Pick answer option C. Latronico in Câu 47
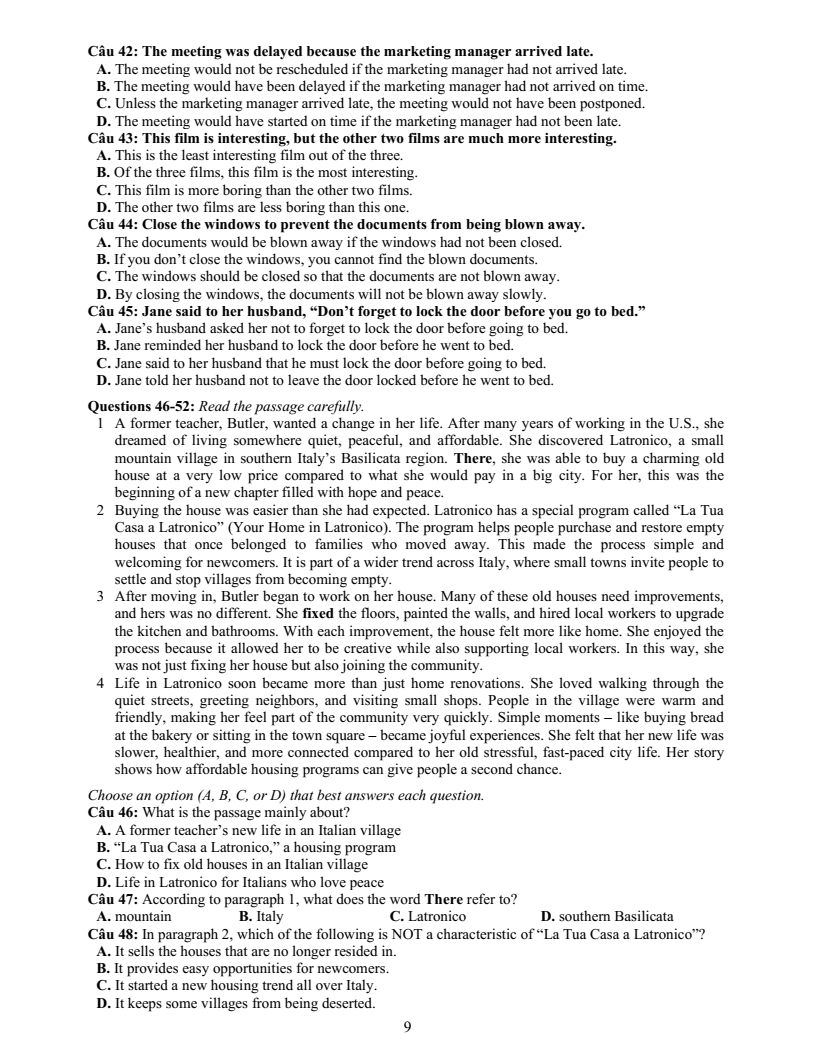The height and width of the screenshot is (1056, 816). point(427,916)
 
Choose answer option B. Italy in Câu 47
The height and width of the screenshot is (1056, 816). point(261,916)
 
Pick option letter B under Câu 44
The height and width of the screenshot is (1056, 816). point(102,260)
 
